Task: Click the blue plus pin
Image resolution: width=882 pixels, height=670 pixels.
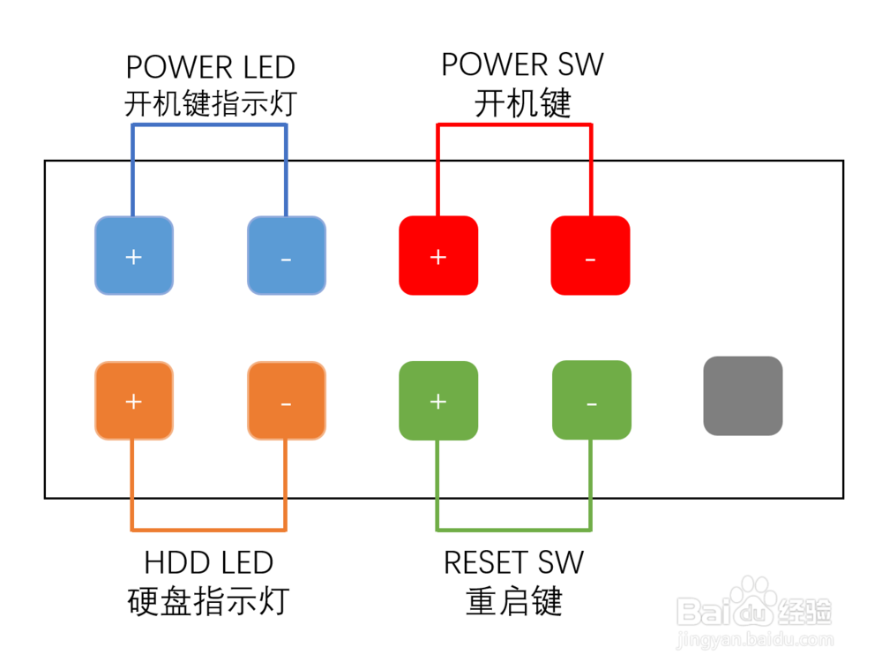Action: [134, 256]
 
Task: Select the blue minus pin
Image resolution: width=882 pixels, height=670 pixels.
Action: [287, 256]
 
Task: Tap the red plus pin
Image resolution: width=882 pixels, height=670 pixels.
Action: [438, 256]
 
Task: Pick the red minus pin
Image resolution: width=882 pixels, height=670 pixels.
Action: [591, 256]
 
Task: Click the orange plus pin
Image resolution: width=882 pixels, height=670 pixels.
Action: [134, 401]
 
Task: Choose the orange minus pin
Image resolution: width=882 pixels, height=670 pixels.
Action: [287, 401]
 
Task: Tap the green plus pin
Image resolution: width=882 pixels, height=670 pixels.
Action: [438, 401]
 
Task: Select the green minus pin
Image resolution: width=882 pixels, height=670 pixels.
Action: [591, 401]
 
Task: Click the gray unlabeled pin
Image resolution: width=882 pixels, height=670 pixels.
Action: [743, 395]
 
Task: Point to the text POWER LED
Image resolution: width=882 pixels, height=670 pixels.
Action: [210, 67]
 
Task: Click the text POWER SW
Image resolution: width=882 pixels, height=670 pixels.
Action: [522, 65]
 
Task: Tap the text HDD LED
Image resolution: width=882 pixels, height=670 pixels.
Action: [209, 562]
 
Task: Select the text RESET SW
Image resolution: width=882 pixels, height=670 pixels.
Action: [513, 562]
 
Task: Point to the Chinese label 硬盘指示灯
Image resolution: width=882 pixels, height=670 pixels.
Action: [209, 602]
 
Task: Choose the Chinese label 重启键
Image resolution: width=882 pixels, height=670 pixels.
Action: [513, 602]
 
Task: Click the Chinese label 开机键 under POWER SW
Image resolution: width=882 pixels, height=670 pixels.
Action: [522, 104]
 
